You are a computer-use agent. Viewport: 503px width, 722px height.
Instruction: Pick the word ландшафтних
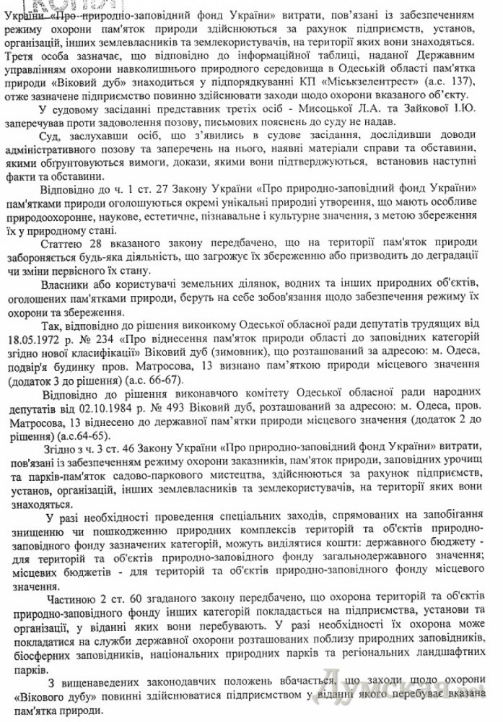point(436,655)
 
